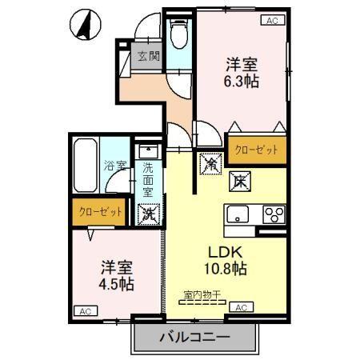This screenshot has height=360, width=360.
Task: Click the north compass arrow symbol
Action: [x=82, y=25]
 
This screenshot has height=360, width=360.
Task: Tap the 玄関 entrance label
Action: [x=148, y=57]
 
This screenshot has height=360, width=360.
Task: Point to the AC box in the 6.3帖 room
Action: [x=271, y=21]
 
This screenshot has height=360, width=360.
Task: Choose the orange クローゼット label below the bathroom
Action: [x=101, y=212]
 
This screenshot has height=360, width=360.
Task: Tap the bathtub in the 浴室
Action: [x=85, y=166]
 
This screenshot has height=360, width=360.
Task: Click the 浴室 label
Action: [x=116, y=167]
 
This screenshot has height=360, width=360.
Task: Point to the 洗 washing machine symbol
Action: [x=148, y=213]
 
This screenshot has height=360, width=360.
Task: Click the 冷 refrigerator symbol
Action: [x=210, y=162]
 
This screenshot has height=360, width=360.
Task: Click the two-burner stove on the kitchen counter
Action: [x=274, y=214]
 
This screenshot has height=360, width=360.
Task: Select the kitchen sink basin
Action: [x=239, y=214]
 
